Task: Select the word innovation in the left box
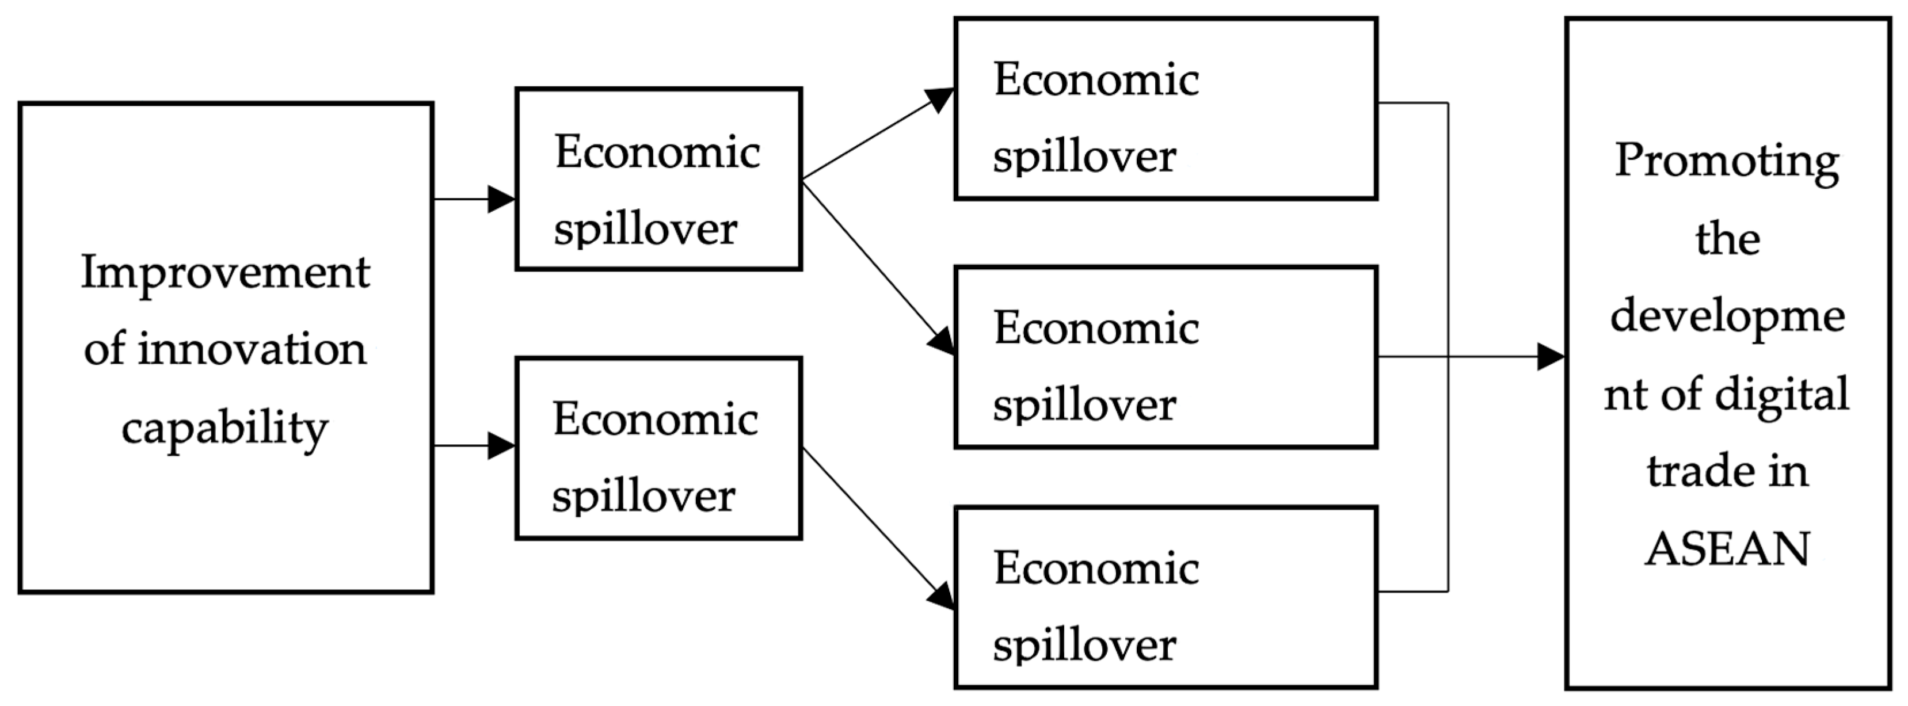(x=252, y=350)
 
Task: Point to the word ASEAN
(x=1727, y=549)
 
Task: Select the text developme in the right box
(x=1727, y=317)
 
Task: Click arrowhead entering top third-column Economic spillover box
(x=940, y=100)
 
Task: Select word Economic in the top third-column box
(x=1095, y=80)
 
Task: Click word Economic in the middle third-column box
(x=1095, y=328)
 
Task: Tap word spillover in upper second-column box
(x=645, y=230)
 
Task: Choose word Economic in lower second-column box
(x=655, y=420)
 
